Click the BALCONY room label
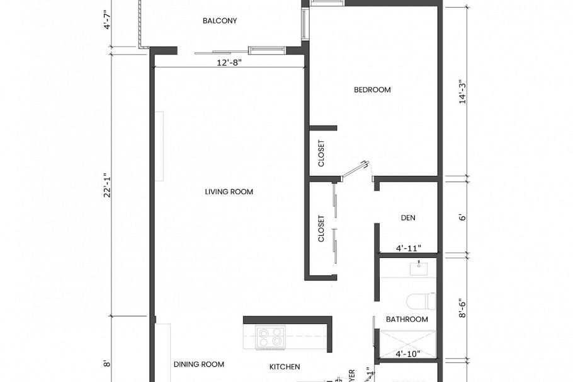[x=220, y=21]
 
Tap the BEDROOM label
[x=372, y=90]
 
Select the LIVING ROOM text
[x=229, y=192]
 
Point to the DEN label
[x=408, y=218]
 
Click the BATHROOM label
[x=407, y=320]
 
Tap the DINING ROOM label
[x=199, y=364]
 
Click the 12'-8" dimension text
[x=229, y=62]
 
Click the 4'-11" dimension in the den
[x=408, y=248]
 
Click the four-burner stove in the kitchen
[x=270, y=337]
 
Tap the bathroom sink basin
[x=418, y=269]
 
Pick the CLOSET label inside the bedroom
[x=321, y=153]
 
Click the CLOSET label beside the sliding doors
[x=321, y=229]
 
